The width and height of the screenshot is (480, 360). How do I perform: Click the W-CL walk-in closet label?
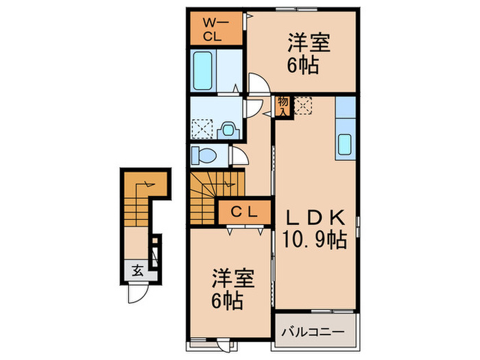(216, 28)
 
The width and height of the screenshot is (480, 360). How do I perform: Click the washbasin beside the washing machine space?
(228, 128)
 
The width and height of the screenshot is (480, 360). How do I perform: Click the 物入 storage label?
(283, 106)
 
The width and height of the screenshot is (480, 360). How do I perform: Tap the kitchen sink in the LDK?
(346, 145)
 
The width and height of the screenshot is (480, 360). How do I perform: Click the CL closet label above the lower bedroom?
(244, 212)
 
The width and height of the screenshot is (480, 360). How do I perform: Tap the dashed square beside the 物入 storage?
(304, 106)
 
